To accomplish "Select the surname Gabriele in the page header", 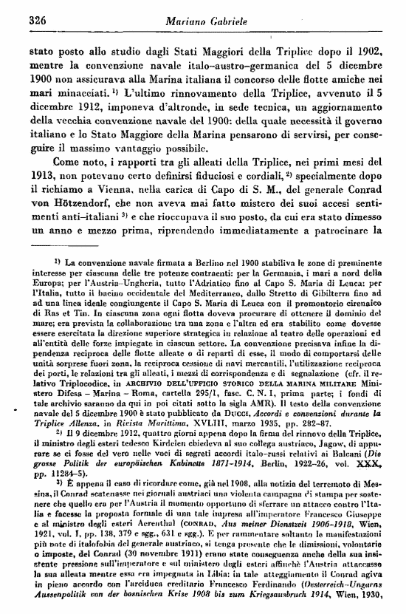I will (231, 23).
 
